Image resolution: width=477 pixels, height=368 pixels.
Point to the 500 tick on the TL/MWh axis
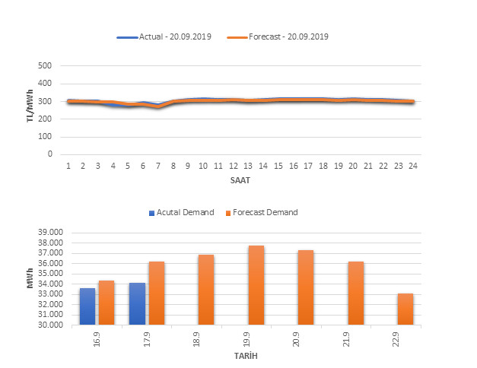click(44, 66)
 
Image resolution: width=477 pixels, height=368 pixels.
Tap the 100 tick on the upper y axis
click(44, 137)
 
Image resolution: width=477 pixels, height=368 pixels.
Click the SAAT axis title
click(241, 180)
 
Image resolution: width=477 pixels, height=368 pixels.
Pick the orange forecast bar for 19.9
click(256, 285)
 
